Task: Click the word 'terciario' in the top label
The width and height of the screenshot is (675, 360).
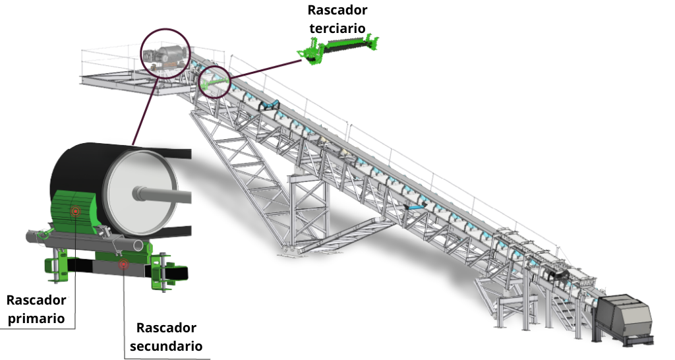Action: point(337,29)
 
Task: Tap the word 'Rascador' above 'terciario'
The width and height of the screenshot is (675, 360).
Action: point(337,10)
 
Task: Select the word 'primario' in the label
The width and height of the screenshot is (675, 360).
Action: point(36,319)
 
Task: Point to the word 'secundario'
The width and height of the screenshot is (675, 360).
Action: point(166,345)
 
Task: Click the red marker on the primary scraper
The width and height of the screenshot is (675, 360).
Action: point(75,212)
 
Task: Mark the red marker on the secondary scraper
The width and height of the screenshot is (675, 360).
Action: point(123,264)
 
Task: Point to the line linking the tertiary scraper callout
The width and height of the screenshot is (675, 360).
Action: point(266,69)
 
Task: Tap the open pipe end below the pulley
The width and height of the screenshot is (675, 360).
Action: point(138,245)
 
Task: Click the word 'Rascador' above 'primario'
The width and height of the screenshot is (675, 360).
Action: point(36,300)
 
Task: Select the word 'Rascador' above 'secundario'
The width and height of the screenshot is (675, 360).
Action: point(166,328)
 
